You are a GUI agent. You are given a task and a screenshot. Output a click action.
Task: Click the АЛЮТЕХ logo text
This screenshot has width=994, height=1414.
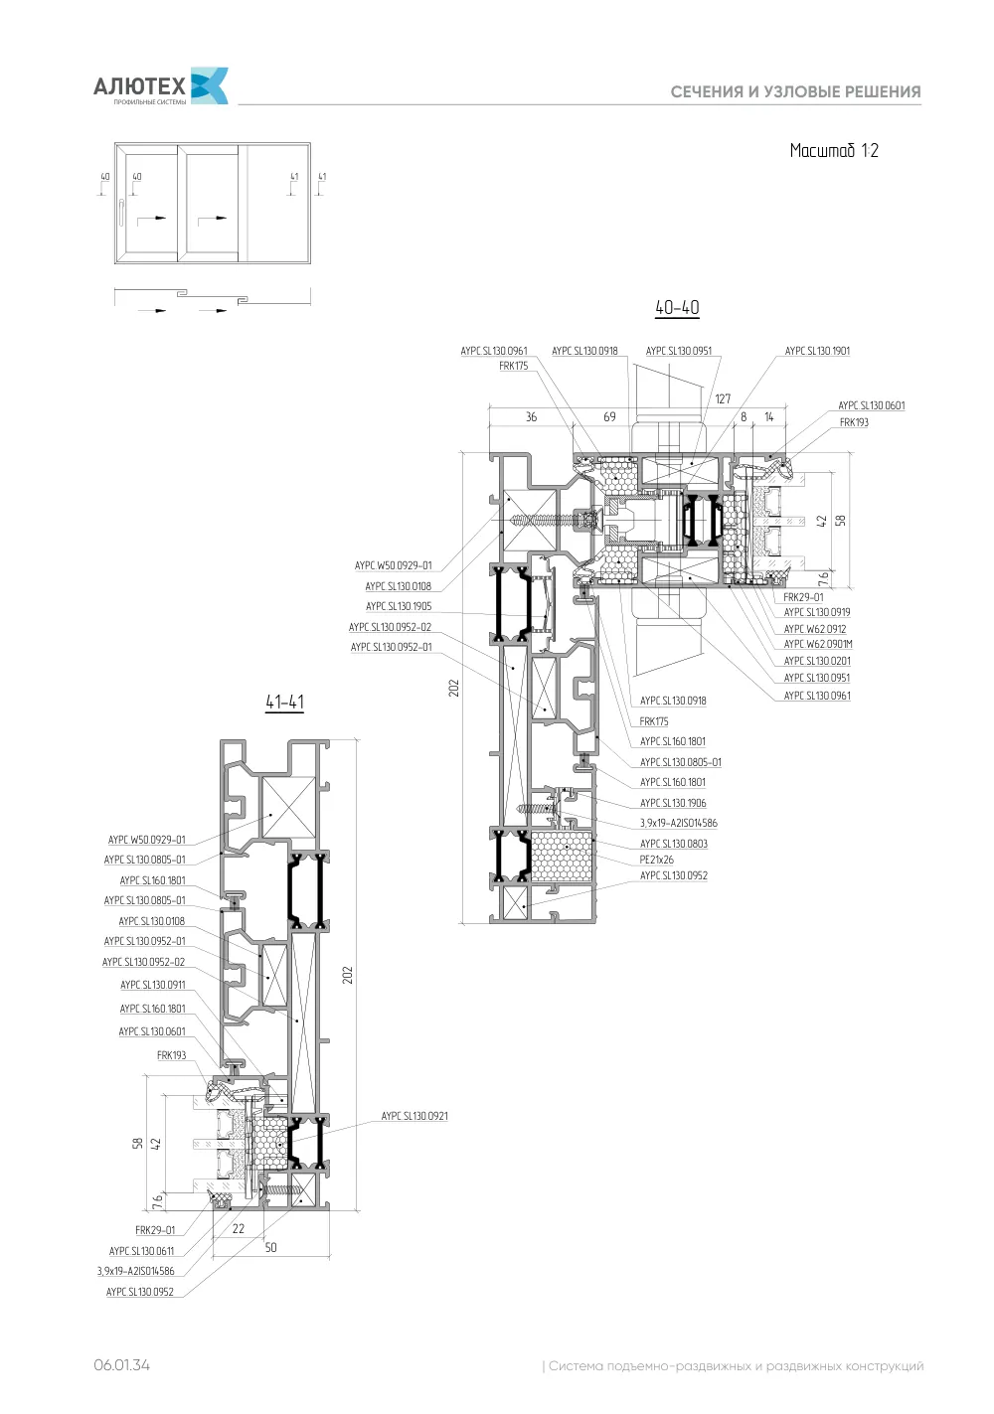pos(139,85)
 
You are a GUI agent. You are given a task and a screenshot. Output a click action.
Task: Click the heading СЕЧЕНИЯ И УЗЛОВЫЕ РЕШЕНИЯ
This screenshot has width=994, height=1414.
pos(795,92)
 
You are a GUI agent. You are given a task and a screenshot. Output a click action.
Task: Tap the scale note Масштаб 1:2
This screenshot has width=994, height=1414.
pos(834,150)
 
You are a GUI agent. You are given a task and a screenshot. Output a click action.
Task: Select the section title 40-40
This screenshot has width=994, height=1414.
pos(677,307)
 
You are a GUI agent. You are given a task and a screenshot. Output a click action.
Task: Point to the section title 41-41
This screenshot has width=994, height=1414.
pos(285,702)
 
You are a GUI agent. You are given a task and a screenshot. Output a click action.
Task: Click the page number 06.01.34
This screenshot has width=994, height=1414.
pos(122,1365)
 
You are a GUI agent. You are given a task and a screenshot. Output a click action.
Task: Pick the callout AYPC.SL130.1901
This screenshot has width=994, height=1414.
pos(817,351)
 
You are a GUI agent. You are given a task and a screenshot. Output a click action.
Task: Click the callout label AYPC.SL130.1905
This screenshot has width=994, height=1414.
pos(399,606)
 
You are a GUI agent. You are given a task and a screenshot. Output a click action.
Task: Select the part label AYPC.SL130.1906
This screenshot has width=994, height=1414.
pos(673,803)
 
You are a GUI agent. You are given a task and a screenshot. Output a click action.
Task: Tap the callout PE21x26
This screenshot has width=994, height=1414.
pos(657,860)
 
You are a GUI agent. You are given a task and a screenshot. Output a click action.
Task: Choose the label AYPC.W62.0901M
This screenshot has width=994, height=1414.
pos(818,644)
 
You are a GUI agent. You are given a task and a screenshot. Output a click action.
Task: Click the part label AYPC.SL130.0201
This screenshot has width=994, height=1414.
pos(817,661)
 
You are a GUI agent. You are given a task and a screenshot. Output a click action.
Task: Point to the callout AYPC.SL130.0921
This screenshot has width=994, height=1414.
pos(414,1116)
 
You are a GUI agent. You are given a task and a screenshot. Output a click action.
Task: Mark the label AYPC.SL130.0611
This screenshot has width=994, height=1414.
pos(141,1251)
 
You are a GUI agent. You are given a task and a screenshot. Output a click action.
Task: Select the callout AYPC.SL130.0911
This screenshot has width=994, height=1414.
pos(153,985)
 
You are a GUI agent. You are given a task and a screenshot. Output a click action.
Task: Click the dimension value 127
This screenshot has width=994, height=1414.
pos(723,398)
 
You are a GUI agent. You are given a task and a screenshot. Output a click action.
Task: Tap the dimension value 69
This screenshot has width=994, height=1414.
pos(609,416)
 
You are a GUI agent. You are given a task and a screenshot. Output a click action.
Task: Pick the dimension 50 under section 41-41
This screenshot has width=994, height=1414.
pos(271,1247)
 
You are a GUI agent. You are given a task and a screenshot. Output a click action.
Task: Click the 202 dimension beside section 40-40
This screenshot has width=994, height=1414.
pos(454,688)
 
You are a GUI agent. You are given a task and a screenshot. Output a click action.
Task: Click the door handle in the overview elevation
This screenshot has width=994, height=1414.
pos(120,213)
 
